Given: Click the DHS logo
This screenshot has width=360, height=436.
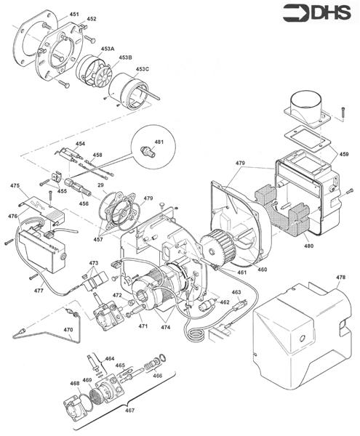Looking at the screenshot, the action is pyautogui.click(x=317, y=13).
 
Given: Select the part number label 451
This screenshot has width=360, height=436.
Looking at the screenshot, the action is pyautogui.click(x=74, y=15).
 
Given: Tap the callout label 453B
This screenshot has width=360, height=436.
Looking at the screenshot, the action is pyautogui.click(x=126, y=57).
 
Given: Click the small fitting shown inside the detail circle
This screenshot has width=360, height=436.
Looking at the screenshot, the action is pyautogui.click(x=148, y=152).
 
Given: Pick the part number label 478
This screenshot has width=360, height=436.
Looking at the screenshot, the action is pyautogui.click(x=340, y=278).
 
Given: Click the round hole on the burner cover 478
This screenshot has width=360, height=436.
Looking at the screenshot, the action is pyautogui.click(x=302, y=339).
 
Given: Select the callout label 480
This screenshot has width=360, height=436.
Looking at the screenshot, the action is pyautogui.click(x=308, y=246).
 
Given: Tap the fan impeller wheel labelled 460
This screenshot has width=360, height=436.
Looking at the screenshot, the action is pyautogui.click(x=218, y=246).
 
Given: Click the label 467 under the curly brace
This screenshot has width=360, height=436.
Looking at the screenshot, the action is pyautogui.click(x=129, y=410).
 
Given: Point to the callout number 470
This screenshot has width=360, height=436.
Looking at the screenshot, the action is pyautogui.click(x=68, y=330).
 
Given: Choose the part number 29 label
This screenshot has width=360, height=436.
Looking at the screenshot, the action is pyautogui.click(x=100, y=185).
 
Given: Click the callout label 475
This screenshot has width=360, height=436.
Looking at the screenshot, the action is pyautogui.click(x=15, y=185).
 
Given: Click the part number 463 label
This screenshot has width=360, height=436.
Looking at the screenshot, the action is pyautogui.click(x=236, y=292).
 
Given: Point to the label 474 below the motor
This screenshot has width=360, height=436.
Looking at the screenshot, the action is pyautogui.click(x=165, y=327).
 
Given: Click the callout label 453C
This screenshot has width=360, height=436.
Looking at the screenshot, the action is pyautogui.click(x=142, y=69).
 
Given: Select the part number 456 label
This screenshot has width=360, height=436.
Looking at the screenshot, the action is pyautogui.click(x=84, y=203).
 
